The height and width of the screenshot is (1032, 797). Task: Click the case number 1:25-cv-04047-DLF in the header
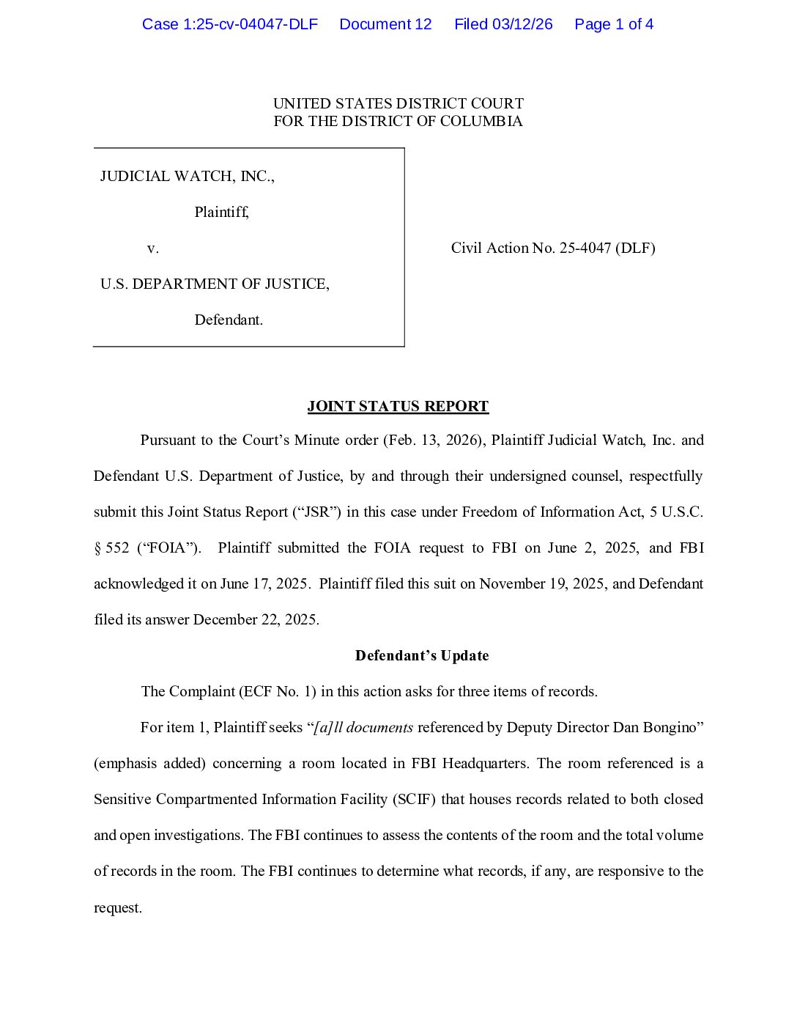click(230, 24)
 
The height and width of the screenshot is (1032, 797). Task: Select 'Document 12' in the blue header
click(385, 24)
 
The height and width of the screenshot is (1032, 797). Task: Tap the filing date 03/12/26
click(522, 24)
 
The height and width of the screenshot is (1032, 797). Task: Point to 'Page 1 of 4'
click(614, 24)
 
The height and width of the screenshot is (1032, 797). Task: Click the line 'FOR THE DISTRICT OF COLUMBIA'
click(398, 121)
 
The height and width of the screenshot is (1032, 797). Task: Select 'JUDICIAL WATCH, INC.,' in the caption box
click(187, 176)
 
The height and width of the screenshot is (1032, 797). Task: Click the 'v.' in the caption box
click(152, 248)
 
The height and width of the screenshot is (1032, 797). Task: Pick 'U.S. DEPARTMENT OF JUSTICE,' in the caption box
click(215, 284)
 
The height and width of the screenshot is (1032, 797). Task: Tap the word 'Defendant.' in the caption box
click(229, 320)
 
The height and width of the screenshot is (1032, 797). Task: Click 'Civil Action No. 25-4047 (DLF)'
click(553, 248)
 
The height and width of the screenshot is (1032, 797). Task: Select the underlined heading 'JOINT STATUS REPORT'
click(398, 406)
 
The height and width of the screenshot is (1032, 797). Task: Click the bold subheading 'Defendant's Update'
click(422, 655)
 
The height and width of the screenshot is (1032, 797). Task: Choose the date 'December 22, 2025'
click(256, 619)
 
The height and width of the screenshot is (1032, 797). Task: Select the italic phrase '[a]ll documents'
click(363, 727)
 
